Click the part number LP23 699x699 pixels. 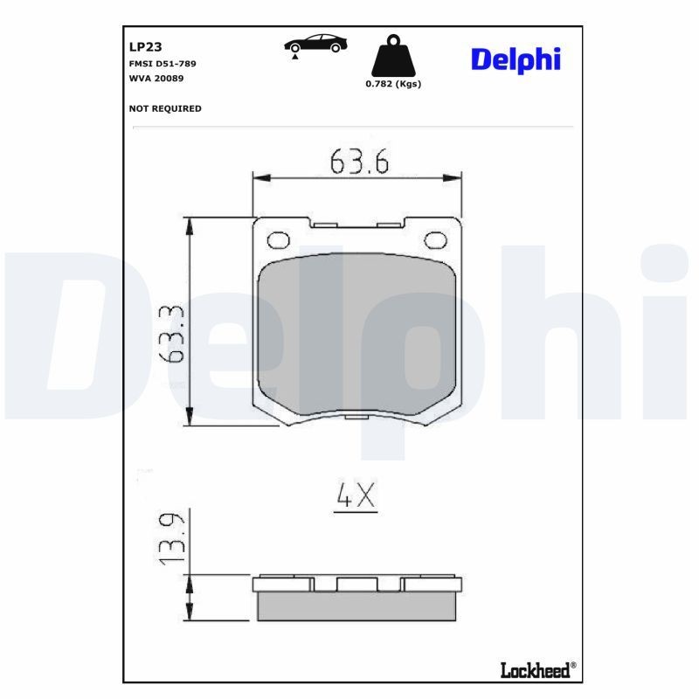pyautogui.click(x=141, y=48)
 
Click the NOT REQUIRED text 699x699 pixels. pyautogui.click(x=165, y=108)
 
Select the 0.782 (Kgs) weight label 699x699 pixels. pyautogui.click(x=393, y=85)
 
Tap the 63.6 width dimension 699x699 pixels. pyautogui.click(x=358, y=162)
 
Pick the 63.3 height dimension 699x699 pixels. pyautogui.click(x=172, y=333)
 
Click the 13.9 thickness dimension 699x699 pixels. pyautogui.click(x=172, y=536)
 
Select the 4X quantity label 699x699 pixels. pyautogui.click(x=356, y=496)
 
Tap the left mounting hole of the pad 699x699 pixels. pyautogui.click(x=278, y=239)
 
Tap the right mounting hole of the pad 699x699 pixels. pyautogui.click(x=434, y=239)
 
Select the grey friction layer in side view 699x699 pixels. pyautogui.click(x=357, y=606)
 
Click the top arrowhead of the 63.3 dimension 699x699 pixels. pyautogui.click(x=189, y=225)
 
